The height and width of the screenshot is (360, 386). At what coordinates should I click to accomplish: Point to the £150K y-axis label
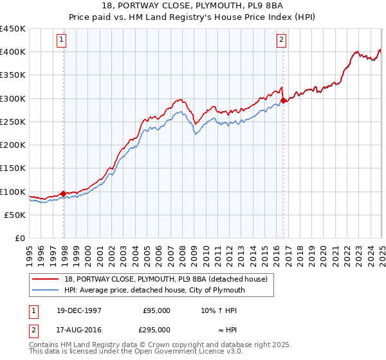13,168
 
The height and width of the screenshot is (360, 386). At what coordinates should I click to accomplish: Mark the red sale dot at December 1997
63,193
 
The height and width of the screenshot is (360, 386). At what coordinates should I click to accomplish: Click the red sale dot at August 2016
284,100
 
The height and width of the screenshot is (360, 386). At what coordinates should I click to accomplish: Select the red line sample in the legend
46,279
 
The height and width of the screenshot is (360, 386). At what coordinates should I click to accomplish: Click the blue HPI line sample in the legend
46,290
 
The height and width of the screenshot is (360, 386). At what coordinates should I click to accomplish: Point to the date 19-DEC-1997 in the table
74,310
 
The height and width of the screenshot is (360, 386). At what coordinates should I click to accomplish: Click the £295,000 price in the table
156,330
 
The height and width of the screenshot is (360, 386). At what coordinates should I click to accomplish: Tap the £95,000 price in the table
156,310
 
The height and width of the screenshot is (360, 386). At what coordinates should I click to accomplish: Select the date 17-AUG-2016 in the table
75,330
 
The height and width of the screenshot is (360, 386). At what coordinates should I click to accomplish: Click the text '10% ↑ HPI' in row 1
219,310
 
